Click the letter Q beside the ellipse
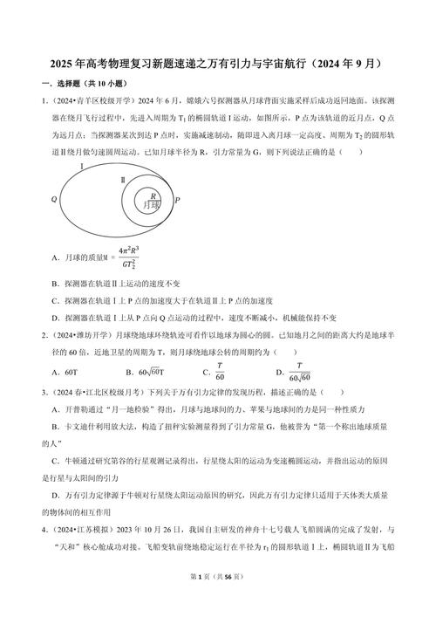[54, 199]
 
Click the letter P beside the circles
[177, 200]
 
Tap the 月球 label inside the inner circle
[153, 206]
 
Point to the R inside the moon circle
[154, 195]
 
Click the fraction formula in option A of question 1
[129, 259]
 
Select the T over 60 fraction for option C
[221, 370]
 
